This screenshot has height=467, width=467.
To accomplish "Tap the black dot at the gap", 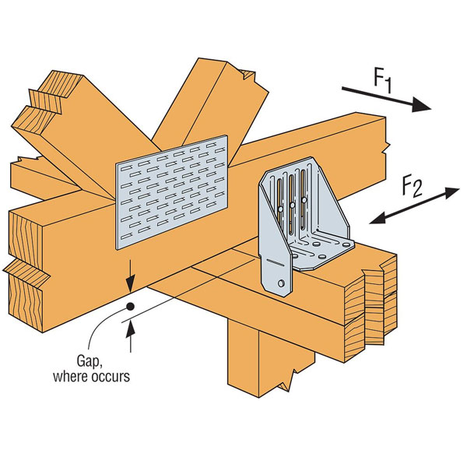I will pos(130,307).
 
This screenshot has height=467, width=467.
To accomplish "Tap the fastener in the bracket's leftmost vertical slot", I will pos(279,208).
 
